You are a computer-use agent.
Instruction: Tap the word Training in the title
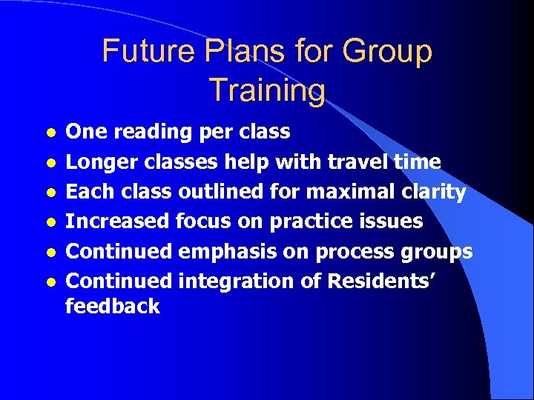pyautogui.click(x=267, y=90)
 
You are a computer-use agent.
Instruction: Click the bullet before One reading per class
pyautogui.click(x=50, y=133)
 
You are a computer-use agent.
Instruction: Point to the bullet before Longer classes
pyautogui.click(x=50, y=163)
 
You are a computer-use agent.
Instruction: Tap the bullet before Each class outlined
pyautogui.click(x=50, y=193)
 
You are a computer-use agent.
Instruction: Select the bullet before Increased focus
pyautogui.click(x=50, y=222)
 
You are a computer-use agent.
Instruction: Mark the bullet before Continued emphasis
pyautogui.click(x=50, y=253)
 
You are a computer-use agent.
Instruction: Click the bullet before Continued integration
pyautogui.click(x=50, y=282)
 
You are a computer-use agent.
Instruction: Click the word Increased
pyautogui.click(x=117, y=221)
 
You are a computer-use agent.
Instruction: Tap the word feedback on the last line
pyautogui.click(x=112, y=307)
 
